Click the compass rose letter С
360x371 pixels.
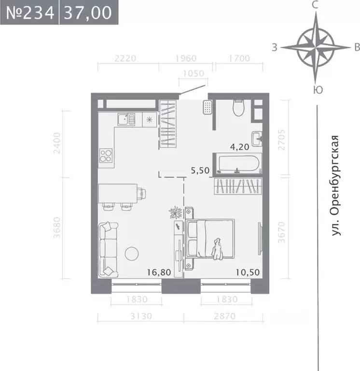(x=315, y=5)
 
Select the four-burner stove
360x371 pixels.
(x=106, y=156)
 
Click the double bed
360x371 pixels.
(x=211, y=239)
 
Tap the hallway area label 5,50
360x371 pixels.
(x=201, y=170)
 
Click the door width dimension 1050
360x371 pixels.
(x=194, y=74)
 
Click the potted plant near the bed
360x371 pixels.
(x=175, y=212)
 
